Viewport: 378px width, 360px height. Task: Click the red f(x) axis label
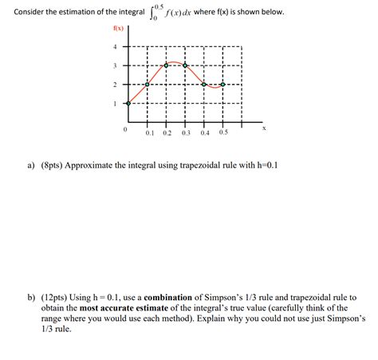coord(119,30)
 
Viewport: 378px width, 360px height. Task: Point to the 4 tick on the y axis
coord(115,46)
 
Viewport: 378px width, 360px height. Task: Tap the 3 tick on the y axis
coord(115,65)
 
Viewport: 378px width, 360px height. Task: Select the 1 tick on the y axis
coord(115,103)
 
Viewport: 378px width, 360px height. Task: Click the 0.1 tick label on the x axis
coord(149,133)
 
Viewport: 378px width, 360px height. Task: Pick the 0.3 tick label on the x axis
coord(186,133)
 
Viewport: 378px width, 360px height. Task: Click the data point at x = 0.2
coord(167,65)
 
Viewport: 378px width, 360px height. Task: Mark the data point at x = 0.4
coord(204,84)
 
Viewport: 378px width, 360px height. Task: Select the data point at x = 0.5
coord(222,84)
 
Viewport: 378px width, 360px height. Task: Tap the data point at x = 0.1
coord(148,84)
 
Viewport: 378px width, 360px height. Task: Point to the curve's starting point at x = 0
coord(129,103)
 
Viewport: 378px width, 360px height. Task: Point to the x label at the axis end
coord(263,128)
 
